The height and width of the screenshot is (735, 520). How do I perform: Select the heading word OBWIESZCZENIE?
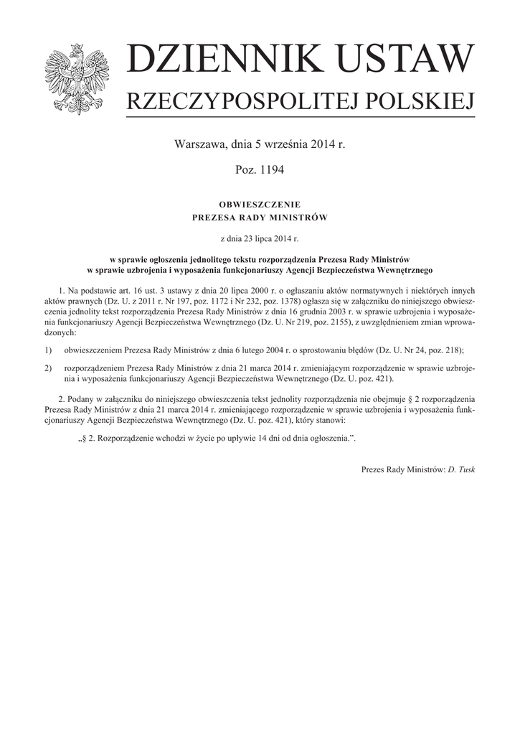(259, 205)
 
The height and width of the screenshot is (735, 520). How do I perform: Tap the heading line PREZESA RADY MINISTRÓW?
(259, 216)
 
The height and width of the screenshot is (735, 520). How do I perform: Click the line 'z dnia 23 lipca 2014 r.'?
(259, 238)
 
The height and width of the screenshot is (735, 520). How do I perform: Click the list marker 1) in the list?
(48, 350)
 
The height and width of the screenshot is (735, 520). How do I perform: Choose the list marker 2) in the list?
(48, 367)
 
